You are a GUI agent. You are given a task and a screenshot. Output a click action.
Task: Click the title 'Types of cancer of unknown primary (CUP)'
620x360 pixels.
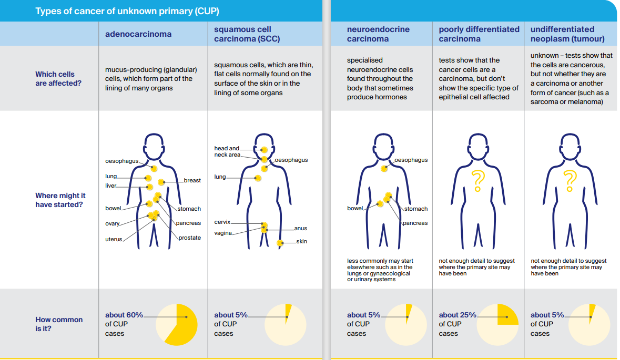127,11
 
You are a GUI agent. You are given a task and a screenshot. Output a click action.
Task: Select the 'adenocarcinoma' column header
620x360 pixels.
138,34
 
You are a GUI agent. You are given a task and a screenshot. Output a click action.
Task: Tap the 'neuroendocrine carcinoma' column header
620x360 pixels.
378,34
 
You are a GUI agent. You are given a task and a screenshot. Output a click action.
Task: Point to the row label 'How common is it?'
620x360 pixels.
59,324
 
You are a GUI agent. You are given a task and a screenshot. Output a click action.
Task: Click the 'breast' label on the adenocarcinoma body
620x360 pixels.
192,180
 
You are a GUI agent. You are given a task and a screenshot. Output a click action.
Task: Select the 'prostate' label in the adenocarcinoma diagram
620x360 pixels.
189,238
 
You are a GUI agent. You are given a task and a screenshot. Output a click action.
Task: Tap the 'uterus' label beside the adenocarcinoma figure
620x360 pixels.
114,239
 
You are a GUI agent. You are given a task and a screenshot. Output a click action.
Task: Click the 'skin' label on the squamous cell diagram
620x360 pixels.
301,241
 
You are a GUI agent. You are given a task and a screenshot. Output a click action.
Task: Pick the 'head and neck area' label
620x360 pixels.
227,151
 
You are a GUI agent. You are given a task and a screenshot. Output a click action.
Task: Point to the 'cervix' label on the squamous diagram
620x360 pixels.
222,222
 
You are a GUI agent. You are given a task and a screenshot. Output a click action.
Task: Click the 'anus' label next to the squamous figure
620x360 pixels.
300,228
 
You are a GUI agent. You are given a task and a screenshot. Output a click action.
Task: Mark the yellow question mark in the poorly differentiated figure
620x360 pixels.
477,180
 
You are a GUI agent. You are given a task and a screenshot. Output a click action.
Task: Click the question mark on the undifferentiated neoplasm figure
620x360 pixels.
569,180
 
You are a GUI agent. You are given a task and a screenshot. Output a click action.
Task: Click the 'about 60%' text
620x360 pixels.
124,315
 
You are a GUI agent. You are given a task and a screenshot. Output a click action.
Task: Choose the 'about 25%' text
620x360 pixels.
458,315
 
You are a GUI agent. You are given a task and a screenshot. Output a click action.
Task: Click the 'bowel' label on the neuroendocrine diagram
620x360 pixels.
355,209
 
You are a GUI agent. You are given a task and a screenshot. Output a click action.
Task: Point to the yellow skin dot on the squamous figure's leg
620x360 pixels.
280,243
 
